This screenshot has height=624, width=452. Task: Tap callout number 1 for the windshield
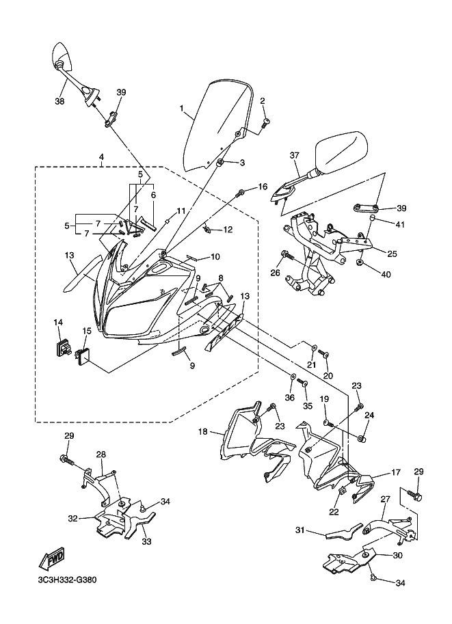click(182, 109)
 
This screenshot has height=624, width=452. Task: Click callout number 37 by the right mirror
click(295, 155)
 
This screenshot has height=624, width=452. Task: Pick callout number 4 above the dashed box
click(101, 158)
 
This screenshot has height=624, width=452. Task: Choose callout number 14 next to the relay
click(59, 321)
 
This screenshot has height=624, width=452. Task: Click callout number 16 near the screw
click(262, 187)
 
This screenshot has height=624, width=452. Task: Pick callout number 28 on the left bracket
click(101, 455)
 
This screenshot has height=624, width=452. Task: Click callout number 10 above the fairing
click(215, 257)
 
